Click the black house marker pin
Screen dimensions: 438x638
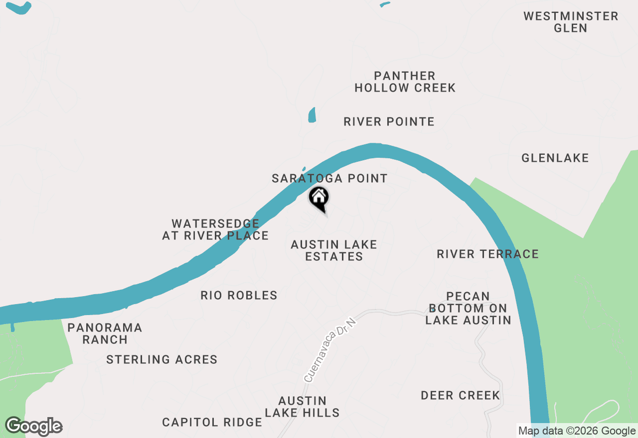(319, 198)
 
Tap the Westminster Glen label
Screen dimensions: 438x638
(571, 22)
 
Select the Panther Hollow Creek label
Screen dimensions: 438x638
(405, 82)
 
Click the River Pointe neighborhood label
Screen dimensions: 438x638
(389, 122)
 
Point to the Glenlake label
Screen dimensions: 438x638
(555, 158)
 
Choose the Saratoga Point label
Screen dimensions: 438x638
(329, 178)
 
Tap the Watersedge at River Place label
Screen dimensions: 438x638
(215, 230)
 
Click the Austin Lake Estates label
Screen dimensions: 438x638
(334, 250)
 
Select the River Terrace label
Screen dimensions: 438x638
(487, 254)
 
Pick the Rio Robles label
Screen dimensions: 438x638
(239, 296)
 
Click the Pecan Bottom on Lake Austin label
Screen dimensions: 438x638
(468, 308)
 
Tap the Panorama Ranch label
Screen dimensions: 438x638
(105, 333)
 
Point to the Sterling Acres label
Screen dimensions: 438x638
(161, 359)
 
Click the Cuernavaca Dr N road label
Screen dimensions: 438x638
(330, 351)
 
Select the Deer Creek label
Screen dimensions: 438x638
(460, 396)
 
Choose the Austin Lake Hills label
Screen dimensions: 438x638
(302, 407)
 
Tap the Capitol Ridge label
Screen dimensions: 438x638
(212, 423)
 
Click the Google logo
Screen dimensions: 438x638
(33, 426)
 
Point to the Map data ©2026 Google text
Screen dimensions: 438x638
(577, 431)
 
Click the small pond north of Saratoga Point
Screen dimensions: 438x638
(312, 115)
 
